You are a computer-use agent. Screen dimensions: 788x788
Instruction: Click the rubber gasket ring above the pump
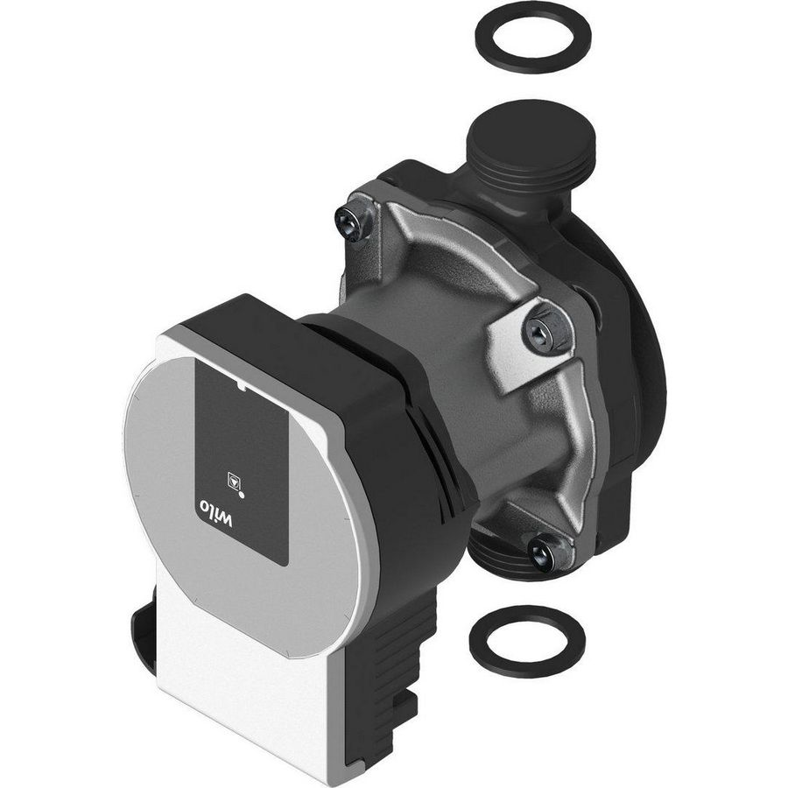tap(532, 37)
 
